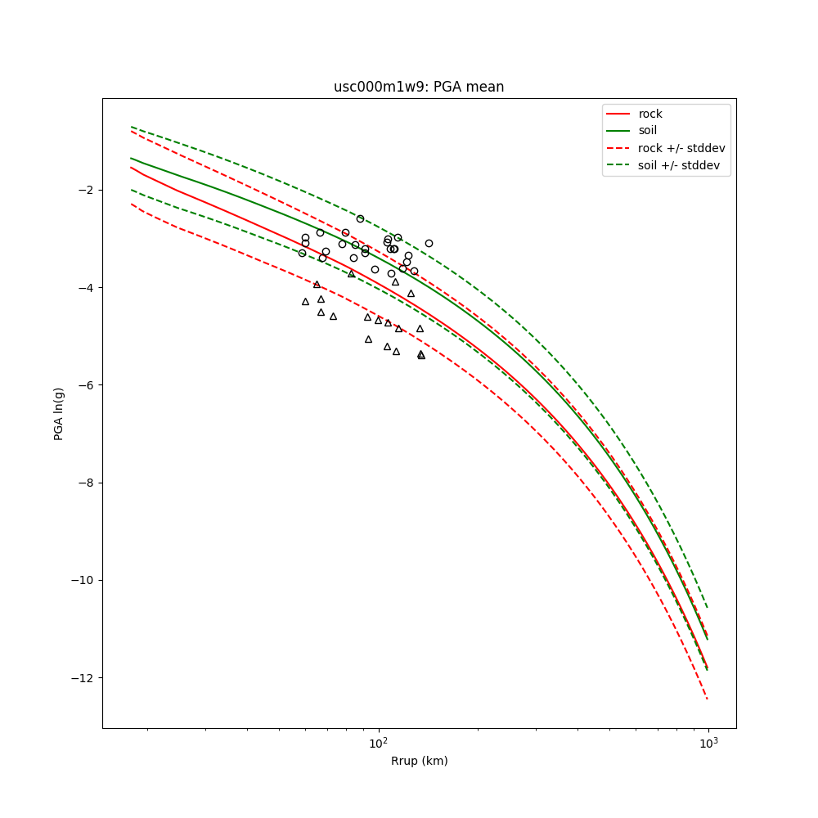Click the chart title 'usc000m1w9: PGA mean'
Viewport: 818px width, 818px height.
tap(419, 87)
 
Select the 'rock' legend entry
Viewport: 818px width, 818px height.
tap(650, 114)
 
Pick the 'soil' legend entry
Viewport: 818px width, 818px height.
tap(648, 131)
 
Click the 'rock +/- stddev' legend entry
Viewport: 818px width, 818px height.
tap(681, 148)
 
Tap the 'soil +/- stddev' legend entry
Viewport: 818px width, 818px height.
tap(681, 165)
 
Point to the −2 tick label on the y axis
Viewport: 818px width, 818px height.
tap(84, 190)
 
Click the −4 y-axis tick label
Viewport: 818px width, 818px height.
tap(84, 288)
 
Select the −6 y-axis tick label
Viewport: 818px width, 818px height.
tap(84, 385)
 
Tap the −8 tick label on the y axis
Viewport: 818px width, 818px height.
tap(84, 483)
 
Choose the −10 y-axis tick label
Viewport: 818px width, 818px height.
tap(81, 581)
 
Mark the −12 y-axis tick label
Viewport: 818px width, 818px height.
tap(81, 678)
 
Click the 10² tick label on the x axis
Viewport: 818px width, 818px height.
tap(378, 742)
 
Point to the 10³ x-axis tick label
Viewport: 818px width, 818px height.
tap(708, 742)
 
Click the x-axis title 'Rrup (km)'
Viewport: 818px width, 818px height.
tap(419, 761)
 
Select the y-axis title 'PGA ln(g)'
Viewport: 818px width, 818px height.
tap(59, 413)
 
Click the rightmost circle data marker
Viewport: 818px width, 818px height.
tap(429, 243)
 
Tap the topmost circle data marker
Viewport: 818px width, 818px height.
tap(360, 218)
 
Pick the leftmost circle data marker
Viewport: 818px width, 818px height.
tap(302, 253)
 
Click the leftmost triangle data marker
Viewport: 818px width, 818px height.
tap(305, 302)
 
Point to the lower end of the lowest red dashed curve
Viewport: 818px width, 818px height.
tap(708, 699)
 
